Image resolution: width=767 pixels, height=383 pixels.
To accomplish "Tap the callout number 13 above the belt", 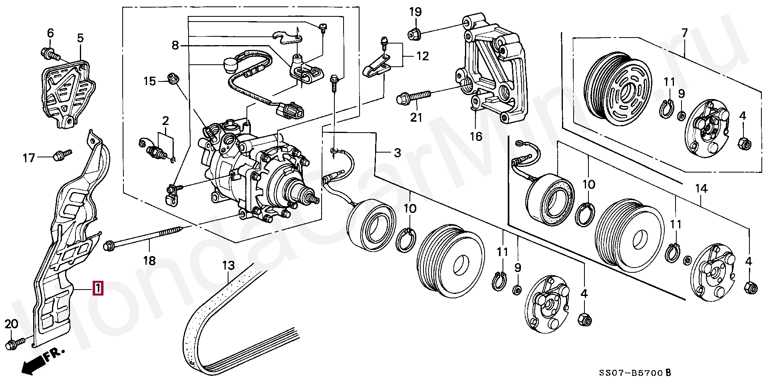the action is click(x=228, y=265).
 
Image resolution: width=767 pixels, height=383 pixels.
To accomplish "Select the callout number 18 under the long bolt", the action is click(x=149, y=261).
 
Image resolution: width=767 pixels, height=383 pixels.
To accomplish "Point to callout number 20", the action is click(x=12, y=324).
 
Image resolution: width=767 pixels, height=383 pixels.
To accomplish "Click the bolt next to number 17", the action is click(x=62, y=153).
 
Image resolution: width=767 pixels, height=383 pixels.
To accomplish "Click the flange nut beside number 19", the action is click(x=413, y=34).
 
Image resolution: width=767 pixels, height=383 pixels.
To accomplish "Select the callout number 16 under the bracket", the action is click(x=475, y=137).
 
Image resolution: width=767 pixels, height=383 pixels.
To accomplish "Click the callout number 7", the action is click(x=684, y=33).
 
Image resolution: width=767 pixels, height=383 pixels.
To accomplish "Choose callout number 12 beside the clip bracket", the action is click(x=422, y=56).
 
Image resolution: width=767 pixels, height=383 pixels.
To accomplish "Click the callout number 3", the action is click(x=397, y=152).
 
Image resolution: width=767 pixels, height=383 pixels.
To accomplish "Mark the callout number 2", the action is click(x=165, y=121).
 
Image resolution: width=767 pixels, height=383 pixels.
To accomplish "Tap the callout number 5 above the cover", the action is click(x=80, y=38).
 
